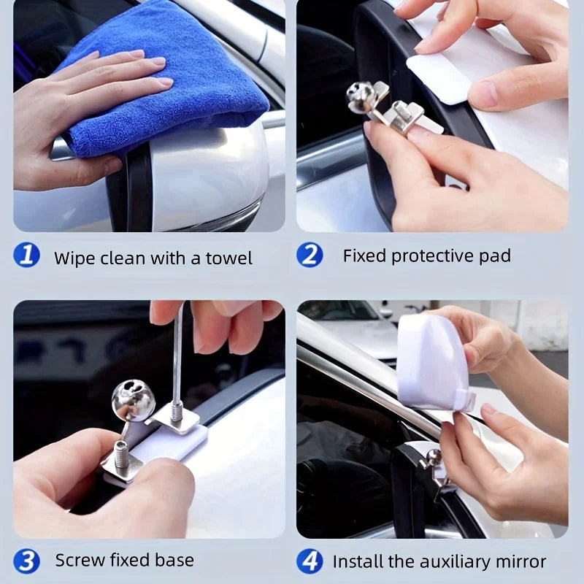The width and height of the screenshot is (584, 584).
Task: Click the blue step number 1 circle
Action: click(26, 256)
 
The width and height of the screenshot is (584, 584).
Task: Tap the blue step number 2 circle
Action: click(310, 255)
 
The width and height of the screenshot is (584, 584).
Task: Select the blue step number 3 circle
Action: click(26, 561)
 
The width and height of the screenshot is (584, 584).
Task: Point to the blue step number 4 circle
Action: click(310, 561)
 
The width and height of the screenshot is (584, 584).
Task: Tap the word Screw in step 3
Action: click(78, 561)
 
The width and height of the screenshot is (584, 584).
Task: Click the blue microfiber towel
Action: click(161, 80)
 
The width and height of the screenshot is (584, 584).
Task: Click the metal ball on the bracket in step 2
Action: click(361, 97)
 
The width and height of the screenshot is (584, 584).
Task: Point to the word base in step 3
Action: click(175, 561)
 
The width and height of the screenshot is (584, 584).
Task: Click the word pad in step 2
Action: click(496, 256)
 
